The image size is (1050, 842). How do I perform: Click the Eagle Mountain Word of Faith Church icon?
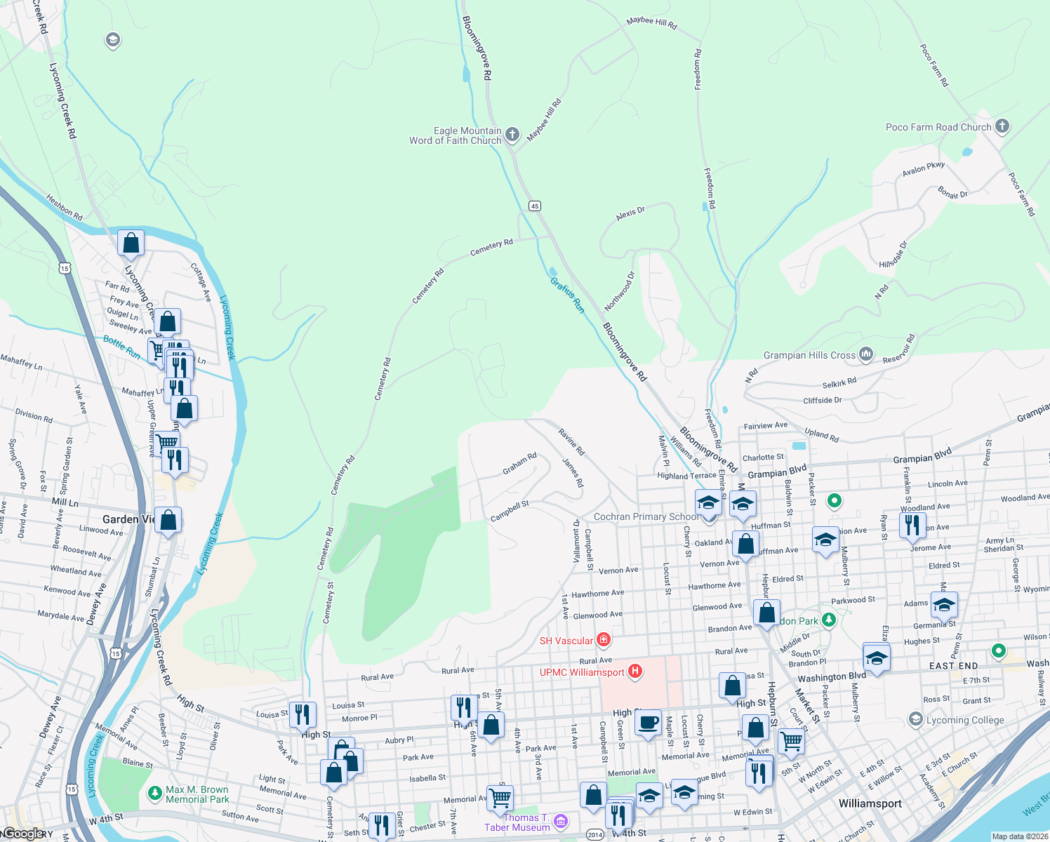[x=512, y=134]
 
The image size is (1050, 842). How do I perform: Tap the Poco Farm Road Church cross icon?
[x=1002, y=126]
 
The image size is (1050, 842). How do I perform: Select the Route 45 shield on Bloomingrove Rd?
[x=536, y=206]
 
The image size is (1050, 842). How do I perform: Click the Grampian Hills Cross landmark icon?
[x=866, y=354]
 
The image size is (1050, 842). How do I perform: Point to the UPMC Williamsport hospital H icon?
[x=635, y=671]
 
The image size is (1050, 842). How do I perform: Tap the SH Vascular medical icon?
[x=603, y=640]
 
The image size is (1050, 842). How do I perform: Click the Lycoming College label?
[x=964, y=720]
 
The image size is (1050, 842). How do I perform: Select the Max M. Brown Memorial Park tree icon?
[x=154, y=794]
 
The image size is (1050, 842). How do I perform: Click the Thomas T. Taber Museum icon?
[x=560, y=821]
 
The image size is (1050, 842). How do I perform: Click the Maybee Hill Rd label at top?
[x=651, y=22]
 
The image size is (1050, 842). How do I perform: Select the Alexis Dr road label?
[x=630, y=213]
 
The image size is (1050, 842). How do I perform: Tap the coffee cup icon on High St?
[x=648, y=722]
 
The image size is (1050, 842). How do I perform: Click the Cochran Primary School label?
[x=646, y=516]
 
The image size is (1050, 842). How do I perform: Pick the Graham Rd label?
[x=519, y=463]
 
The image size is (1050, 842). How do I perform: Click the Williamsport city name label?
[x=870, y=803]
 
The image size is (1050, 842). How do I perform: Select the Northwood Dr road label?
[x=619, y=290]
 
